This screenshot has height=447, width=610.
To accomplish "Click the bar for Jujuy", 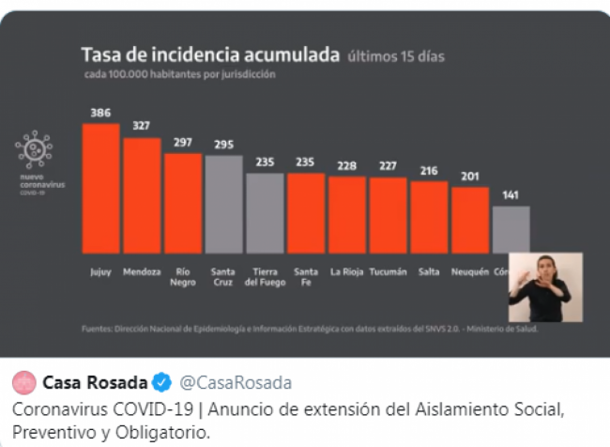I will click(100, 188).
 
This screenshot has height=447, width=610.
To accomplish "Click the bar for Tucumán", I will click(388, 215).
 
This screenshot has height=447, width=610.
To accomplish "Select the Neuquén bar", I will click(469, 220).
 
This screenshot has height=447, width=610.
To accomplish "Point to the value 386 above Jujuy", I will click(100, 113).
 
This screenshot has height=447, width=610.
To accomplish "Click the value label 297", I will click(182, 143).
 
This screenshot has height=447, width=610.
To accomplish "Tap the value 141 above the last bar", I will click(510, 195).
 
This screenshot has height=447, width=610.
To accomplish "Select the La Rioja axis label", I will click(347, 272).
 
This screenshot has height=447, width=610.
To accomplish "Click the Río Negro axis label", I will click(182, 277).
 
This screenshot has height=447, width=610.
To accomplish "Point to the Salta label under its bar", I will click(429, 272).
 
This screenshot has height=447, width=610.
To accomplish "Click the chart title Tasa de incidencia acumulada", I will click(209, 55).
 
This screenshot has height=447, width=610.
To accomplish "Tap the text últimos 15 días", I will click(396, 56).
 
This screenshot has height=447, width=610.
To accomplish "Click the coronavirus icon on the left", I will click(34, 149).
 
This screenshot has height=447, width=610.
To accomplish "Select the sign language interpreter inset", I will click(545, 287).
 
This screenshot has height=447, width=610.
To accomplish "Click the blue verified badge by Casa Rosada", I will click(161, 383).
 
